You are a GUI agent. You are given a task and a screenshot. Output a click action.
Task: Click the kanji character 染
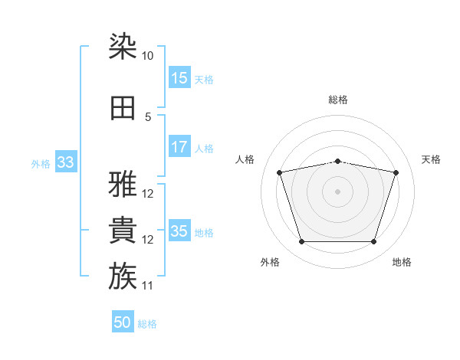click(123, 46)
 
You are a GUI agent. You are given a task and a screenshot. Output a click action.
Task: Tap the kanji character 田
click(123, 108)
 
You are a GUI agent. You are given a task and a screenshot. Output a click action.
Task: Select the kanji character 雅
click(123, 184)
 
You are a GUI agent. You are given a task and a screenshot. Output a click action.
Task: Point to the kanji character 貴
click(123, 230)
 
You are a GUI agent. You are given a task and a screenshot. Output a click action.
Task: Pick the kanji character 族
click(123, 276)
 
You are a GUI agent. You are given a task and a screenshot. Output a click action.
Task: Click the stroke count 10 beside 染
click(147, 56)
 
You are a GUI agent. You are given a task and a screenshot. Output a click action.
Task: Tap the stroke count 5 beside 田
click(148, 117)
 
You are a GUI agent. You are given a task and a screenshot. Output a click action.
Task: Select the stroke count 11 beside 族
click(147, 286)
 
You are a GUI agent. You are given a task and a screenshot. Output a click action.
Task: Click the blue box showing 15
click(180, 77)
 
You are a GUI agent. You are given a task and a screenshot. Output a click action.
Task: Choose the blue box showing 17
click(180, 146)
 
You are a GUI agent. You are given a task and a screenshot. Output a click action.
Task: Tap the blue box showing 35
click(180, 230)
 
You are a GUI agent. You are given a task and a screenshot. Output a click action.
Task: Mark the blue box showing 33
click(66, 162)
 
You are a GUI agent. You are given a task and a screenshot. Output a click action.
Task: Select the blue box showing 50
click(123, 321)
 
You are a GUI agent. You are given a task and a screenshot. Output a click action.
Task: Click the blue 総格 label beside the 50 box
click(147, 324)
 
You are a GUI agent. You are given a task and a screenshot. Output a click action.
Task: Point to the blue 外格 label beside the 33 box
click(41, 164)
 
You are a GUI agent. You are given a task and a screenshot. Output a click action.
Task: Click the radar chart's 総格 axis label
click(338, 100)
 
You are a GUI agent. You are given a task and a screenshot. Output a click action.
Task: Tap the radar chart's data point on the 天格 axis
click(396, 172)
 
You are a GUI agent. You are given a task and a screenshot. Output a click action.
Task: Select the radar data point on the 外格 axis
click(301, 242)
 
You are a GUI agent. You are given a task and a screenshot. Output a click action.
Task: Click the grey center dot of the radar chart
click(337, 191)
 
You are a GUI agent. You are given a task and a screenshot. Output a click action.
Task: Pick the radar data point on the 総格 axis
click(337, 162)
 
